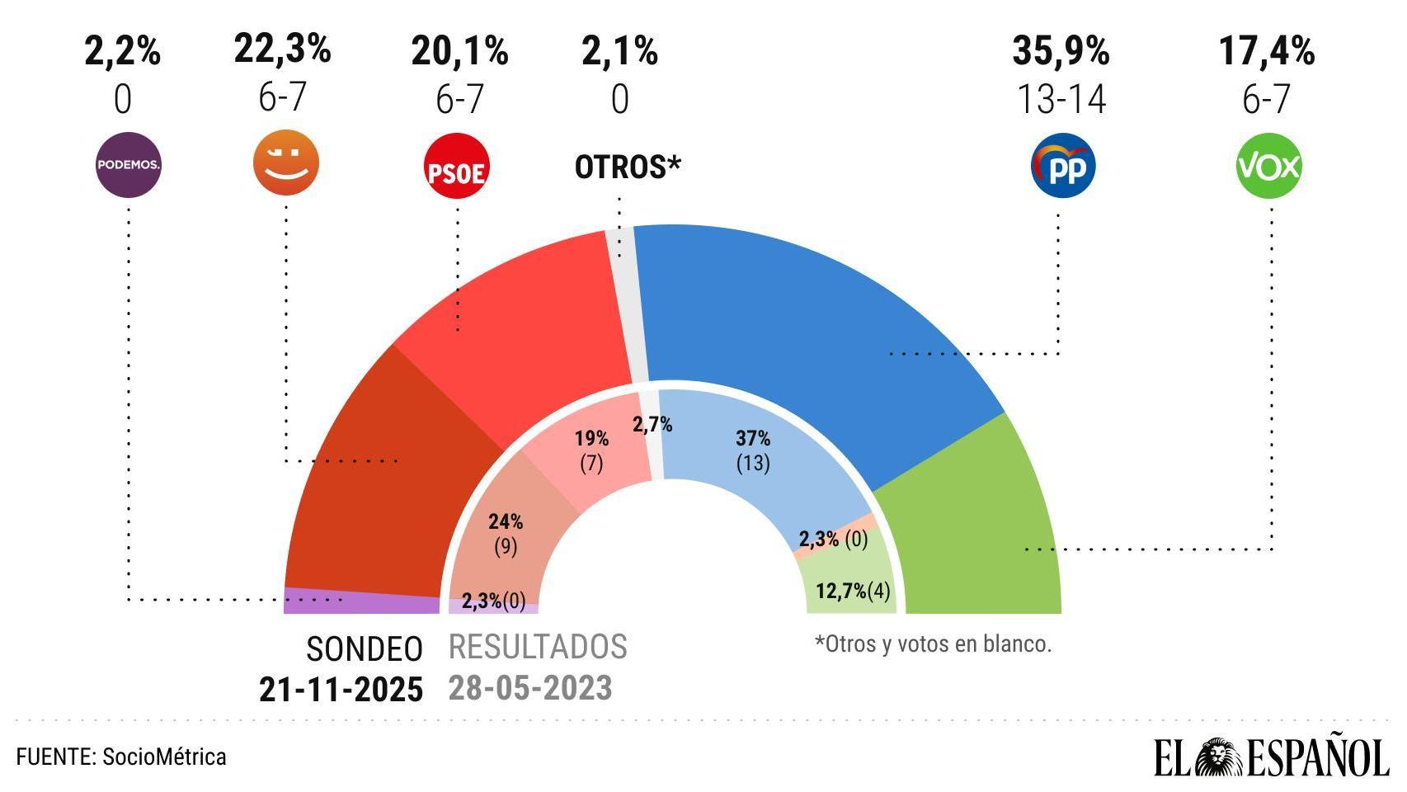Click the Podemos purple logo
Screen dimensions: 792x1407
(x=128, y=165)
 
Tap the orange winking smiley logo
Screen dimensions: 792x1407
(x=285, y=163)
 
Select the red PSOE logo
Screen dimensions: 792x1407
(x=456, y=167)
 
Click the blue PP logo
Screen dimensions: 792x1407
(x=1062, y=166)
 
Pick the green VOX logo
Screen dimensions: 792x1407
(x=1268, y=166)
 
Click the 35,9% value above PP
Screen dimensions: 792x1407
(x=1061, y=51)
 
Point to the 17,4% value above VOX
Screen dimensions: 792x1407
(x=1267, y=51)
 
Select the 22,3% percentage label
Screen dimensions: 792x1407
(x=282, y=49)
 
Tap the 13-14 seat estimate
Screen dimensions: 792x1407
(x=1061, y=100)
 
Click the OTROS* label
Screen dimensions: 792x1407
(x=628, y=167)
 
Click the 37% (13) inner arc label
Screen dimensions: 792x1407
(x=753, y=450)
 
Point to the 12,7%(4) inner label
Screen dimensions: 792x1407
(x=853, y=592)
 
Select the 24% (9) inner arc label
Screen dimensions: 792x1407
(x=506, y=533)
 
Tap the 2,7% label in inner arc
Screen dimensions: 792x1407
(x=652, y=425)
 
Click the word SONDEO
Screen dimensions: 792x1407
(x=365, y=649)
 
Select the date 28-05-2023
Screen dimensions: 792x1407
(x=530, y=688)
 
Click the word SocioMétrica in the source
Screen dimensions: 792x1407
(x=164, y=757)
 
